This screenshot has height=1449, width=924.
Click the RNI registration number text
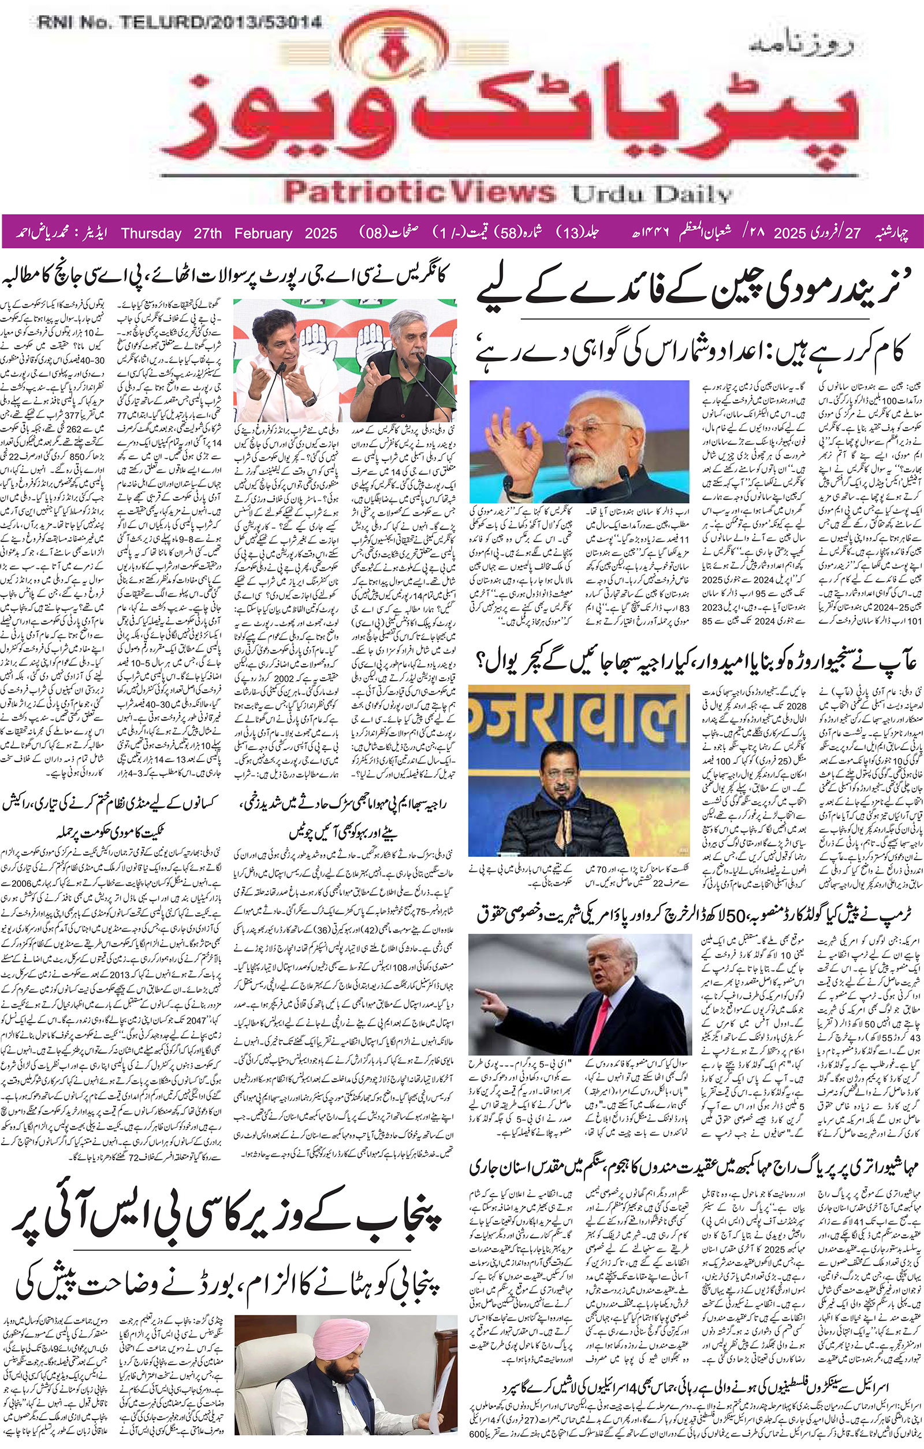(179, 24)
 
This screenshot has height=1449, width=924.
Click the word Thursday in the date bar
(151, 234)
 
